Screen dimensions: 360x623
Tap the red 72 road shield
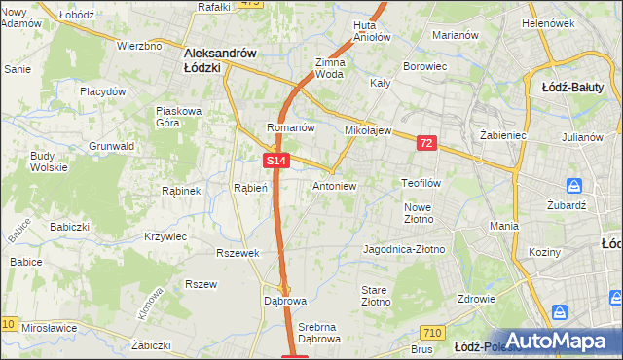pyautogui.click(x=425, y=143)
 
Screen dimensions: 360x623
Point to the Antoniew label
pyautogui.click(x=334, y=185)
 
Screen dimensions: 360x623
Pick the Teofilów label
pyautogui.click(x=422, y=182)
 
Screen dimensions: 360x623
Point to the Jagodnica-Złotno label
pyautogui.click(x=403, y=249)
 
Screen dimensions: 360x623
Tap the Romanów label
pyautogui.click(x=290, y=127)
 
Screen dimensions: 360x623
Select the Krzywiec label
pyautogui.click(x=165, y=236)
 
